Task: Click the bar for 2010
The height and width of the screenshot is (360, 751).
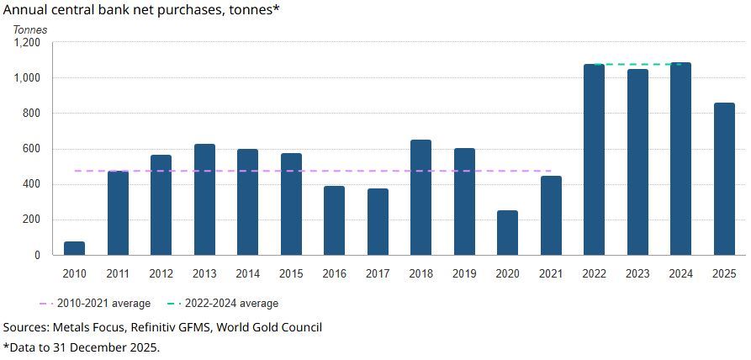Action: (x=75, y=248)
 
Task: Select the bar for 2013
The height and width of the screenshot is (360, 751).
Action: (x=204, y=199)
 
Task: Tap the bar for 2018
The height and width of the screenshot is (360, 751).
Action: (x=420, y=198)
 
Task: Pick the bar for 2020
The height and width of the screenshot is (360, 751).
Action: (x=507, y=233)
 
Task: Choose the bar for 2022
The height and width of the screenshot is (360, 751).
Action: (x=594, y=160)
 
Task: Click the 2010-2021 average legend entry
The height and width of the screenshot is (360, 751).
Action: (x=95, y=303)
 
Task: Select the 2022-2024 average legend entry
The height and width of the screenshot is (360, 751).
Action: (x=223, y=303)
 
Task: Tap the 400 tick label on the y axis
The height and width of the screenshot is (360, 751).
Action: (x=32, y=184)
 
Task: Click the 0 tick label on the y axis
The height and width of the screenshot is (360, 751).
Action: (x=37, y=255)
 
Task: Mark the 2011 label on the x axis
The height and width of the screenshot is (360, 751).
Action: (x=118, y=273)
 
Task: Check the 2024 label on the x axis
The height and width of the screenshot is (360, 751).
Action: (x=680, y=273)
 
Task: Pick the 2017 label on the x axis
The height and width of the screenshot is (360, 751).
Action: (x=378, y=273)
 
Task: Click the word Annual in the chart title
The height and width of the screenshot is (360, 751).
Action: (x=26, y=11)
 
